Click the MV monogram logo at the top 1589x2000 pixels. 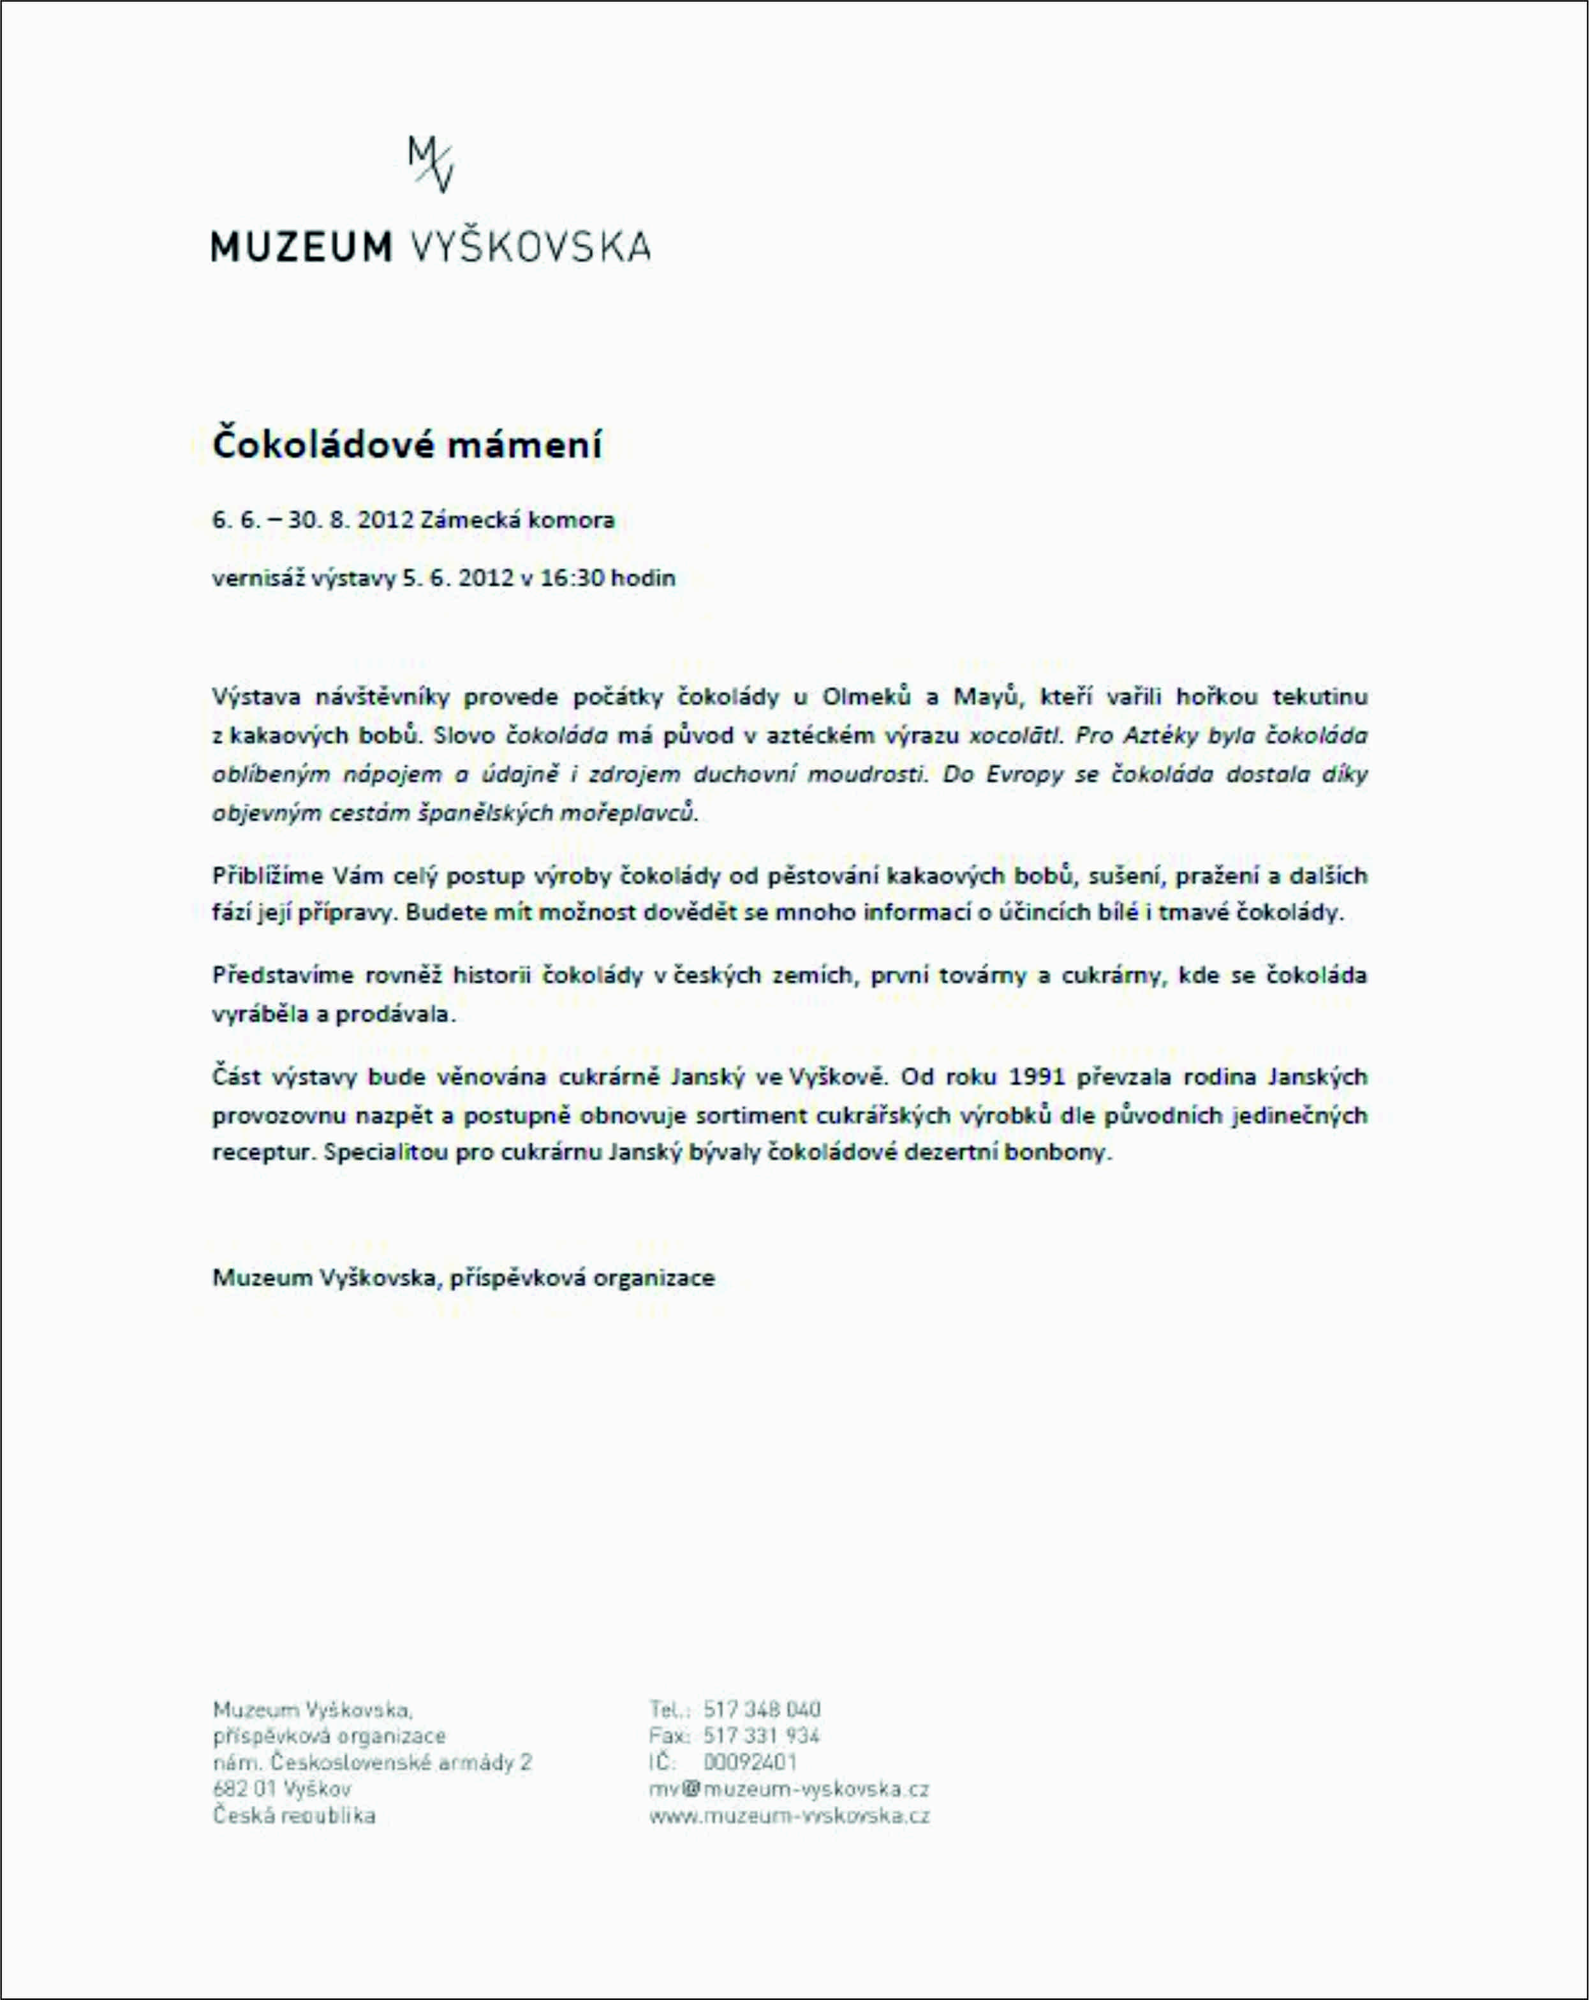[x=431, y=164]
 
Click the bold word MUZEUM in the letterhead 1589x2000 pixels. [x=302, y=247]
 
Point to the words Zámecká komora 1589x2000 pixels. [x=517, y=520]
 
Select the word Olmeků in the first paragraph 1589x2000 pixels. [x=866, y=696]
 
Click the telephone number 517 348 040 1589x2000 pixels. [x=762, y=1710]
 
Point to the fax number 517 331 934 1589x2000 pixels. [x=762, y=1735]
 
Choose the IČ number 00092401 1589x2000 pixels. [x=750, y=1763]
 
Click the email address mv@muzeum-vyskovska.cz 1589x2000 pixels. [x=788, y=1790]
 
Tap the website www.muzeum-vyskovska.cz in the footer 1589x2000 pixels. [x=788, y=1816]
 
